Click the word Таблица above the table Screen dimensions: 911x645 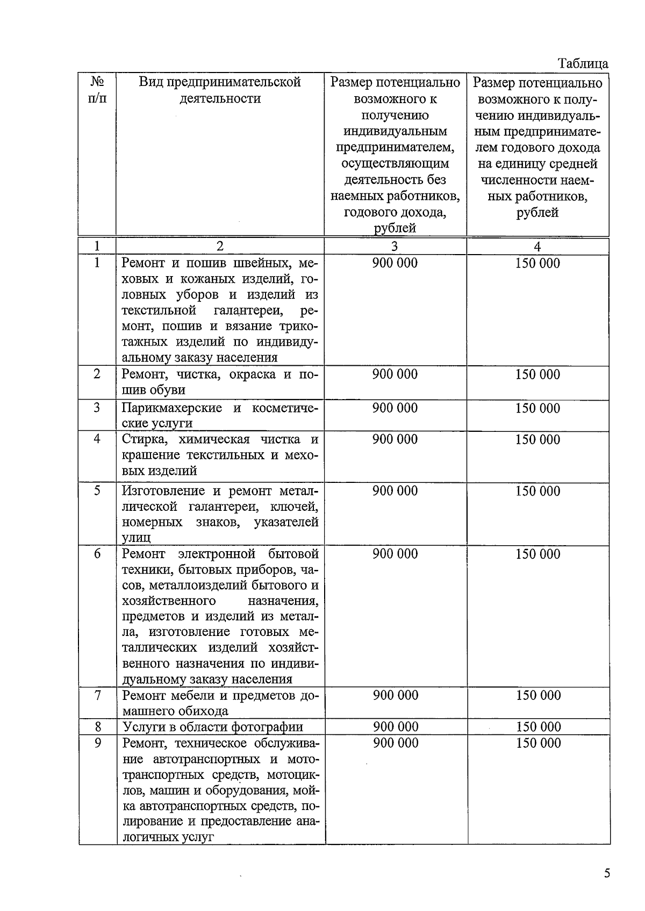pos(583,63)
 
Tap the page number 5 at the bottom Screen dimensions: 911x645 pos(607,873)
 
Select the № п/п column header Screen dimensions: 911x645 pos(97,90)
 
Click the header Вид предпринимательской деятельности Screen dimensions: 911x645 pos(220,90)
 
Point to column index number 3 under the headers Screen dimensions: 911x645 pos(395,247)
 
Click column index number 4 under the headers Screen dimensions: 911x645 pos(537,247)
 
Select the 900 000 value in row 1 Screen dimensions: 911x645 pos(395,263)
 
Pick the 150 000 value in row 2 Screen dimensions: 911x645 pos(537,374)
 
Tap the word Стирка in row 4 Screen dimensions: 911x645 pos(142,439)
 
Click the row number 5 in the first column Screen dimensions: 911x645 pos(97,490)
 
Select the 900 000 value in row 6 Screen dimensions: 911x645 pos(395,554)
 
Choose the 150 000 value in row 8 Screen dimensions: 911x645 pos(538,727)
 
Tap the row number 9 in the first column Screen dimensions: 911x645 pos(97,743)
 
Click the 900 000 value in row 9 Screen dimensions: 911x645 pos(396,743)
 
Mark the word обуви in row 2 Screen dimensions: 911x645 pos(168,390)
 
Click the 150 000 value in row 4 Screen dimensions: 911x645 pos(537,439)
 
